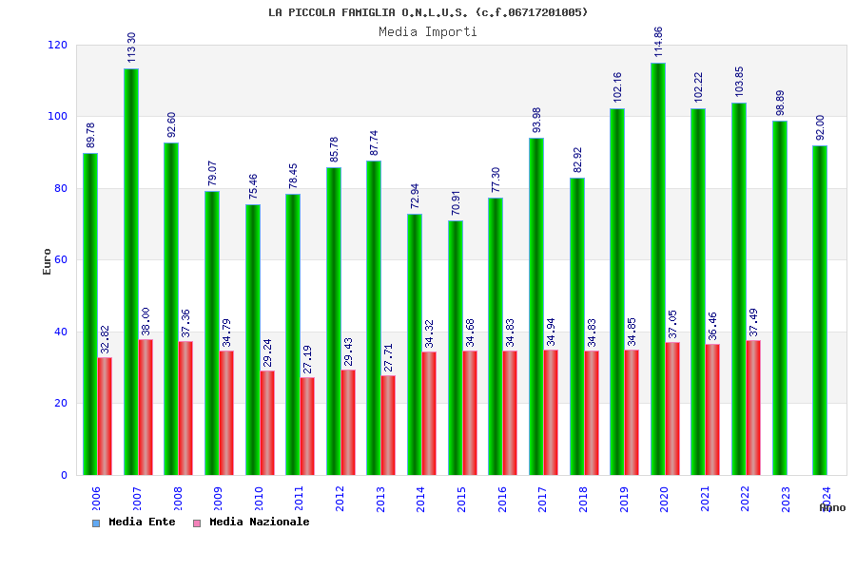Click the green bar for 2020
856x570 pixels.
[658, 269]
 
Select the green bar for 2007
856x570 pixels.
[131, 272]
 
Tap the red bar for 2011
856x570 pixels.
[307, 426]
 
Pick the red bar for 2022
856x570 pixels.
[753, 408]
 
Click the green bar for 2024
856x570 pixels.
[820, 310]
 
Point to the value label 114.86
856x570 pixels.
[659, 42]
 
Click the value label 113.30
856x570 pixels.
[132, 47]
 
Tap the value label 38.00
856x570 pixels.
[146, 321]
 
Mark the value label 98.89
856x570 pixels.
[781, 103]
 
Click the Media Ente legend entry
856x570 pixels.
[134, 522]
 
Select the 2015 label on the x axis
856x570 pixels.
[461, 500]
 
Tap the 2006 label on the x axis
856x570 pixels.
[96, 500]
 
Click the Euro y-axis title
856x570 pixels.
[48, 261]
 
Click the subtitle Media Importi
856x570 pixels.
[428, 31]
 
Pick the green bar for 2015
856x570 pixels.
[456, 348]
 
